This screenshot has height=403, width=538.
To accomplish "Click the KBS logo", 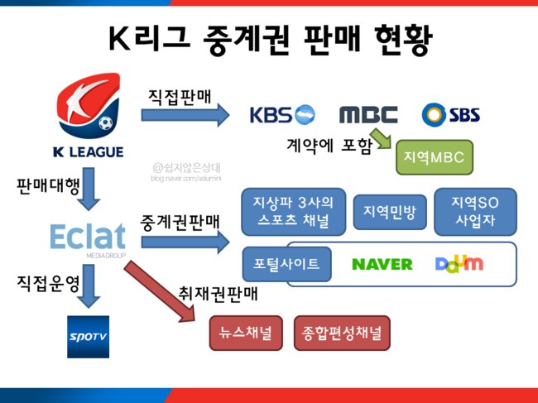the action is pos(282,114).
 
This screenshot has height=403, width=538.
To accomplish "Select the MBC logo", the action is pos(368,114).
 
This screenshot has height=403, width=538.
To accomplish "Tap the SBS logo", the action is pos(451,114).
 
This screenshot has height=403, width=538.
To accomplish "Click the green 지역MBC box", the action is pos(435,157).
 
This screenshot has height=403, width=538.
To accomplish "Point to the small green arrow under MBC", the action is pos(382,138).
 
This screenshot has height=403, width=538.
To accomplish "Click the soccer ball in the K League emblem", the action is pos(105,122).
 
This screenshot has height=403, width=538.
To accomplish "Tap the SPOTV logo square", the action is pos(89,337).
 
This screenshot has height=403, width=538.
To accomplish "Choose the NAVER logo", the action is pos(382,265).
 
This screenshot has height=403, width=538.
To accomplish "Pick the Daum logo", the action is pos(459,264).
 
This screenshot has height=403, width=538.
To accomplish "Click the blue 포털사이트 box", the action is pos(287,264).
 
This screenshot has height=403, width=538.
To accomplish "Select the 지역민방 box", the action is pos(390,212).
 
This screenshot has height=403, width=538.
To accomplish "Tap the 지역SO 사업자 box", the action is pos(475,212).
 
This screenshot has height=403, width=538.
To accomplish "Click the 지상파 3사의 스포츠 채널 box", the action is pos(293,212).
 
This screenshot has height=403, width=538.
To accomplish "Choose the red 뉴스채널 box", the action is pos(246,333).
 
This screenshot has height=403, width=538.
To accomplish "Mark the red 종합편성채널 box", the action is pos(342,333).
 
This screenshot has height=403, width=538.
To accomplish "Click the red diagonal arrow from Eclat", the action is pos(160,291).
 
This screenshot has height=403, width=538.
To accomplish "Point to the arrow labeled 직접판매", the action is pos(185,115).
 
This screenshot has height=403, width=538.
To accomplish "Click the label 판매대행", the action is pos(48,186).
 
